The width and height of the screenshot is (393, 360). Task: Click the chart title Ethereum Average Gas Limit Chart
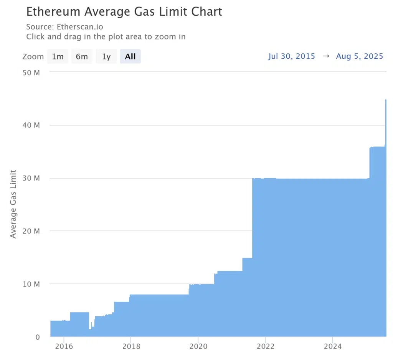point(124,12)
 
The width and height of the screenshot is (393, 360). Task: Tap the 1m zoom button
point(58,57)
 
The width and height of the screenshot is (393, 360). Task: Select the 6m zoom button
point(82,57)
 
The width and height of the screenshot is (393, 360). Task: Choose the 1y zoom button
point(106,57)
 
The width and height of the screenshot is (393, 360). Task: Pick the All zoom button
point(130,57)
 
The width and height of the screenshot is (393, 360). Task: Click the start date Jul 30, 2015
point(292,56)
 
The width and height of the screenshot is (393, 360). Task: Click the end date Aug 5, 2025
point(360,56)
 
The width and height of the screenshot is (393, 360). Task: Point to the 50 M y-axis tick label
point(32,72)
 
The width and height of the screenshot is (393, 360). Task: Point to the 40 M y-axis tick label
point(32,125)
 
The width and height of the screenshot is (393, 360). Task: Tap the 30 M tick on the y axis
point(32,178)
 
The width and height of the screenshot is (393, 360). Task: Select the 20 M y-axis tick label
point(32,231)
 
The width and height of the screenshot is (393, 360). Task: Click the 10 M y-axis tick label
point(32,284)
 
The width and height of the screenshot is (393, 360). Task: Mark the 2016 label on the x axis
point(63,347)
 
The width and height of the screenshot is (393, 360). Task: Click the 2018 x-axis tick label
point(130,347)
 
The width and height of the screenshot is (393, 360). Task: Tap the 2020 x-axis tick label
point(198,347)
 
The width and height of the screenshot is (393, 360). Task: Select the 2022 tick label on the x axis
point(265,347)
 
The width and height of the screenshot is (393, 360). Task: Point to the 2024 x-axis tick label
point(333,347)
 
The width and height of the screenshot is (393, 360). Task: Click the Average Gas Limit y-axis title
point(13,204)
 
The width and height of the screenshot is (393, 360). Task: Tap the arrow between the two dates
point(326,56)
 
